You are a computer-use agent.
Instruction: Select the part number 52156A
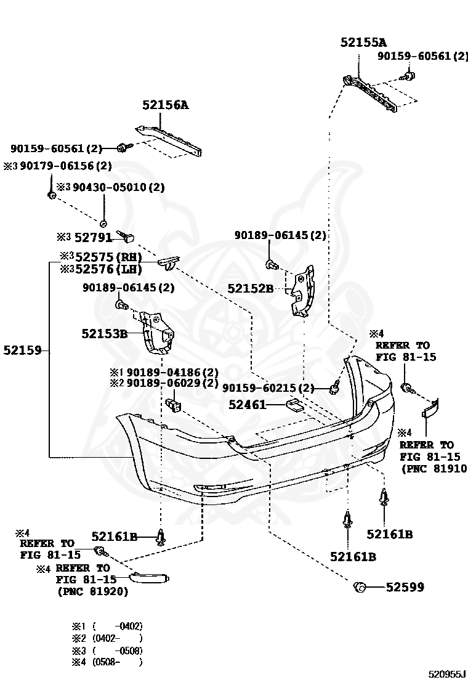coord(165,105)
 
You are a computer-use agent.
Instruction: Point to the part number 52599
coord(405,588)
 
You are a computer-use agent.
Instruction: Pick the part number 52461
coord(247,405)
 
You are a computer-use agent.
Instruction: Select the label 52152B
coord(250,288)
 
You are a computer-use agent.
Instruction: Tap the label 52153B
coord(104,334)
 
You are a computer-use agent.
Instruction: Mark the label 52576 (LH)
coord(108,269)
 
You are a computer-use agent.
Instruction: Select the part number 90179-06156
coord(62,166)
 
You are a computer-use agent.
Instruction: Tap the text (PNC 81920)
coord(92,591)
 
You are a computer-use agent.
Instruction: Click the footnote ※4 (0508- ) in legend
coord(107,662)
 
